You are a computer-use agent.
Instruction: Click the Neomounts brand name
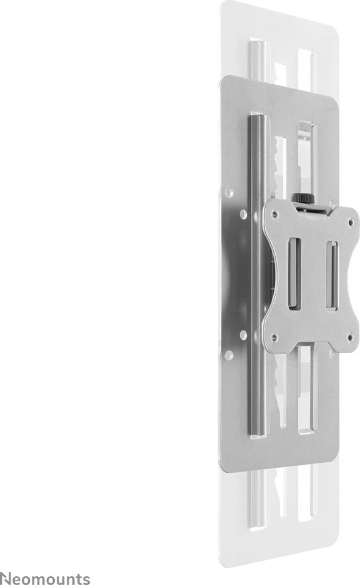coord(45,578)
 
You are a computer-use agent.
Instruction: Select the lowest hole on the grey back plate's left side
coord(229,355)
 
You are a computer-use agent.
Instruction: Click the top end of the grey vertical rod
coord(255,118)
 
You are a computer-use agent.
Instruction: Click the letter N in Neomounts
coord(6,578)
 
